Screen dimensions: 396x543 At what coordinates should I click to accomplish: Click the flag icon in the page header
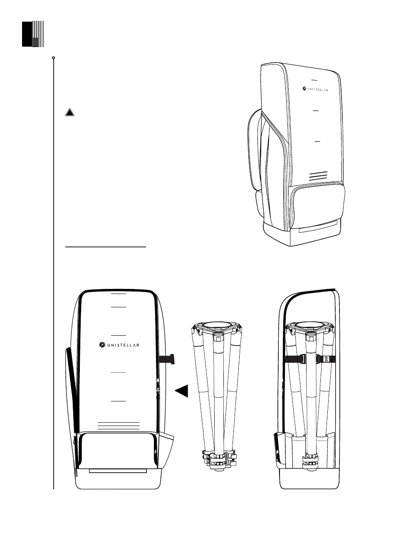tap(33, 33)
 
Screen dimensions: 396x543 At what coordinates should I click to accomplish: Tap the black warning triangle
tap(70, 112)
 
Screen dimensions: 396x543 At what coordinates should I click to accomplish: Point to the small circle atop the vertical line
tap(54, 57)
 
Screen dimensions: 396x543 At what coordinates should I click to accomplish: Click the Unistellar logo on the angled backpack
tap(315, 89)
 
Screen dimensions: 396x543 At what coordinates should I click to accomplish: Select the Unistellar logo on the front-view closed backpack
tap(119, 344)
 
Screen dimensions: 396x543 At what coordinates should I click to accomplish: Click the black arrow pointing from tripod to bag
tap(181, 391)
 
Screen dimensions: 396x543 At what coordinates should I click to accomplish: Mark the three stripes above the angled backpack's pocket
tap(318, 175)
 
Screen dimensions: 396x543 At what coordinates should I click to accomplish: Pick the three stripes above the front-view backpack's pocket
tap(118, 425)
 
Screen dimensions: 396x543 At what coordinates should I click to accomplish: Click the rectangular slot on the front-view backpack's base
tap(118, 471)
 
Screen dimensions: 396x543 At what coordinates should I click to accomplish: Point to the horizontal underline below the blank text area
tap(106, 247)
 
